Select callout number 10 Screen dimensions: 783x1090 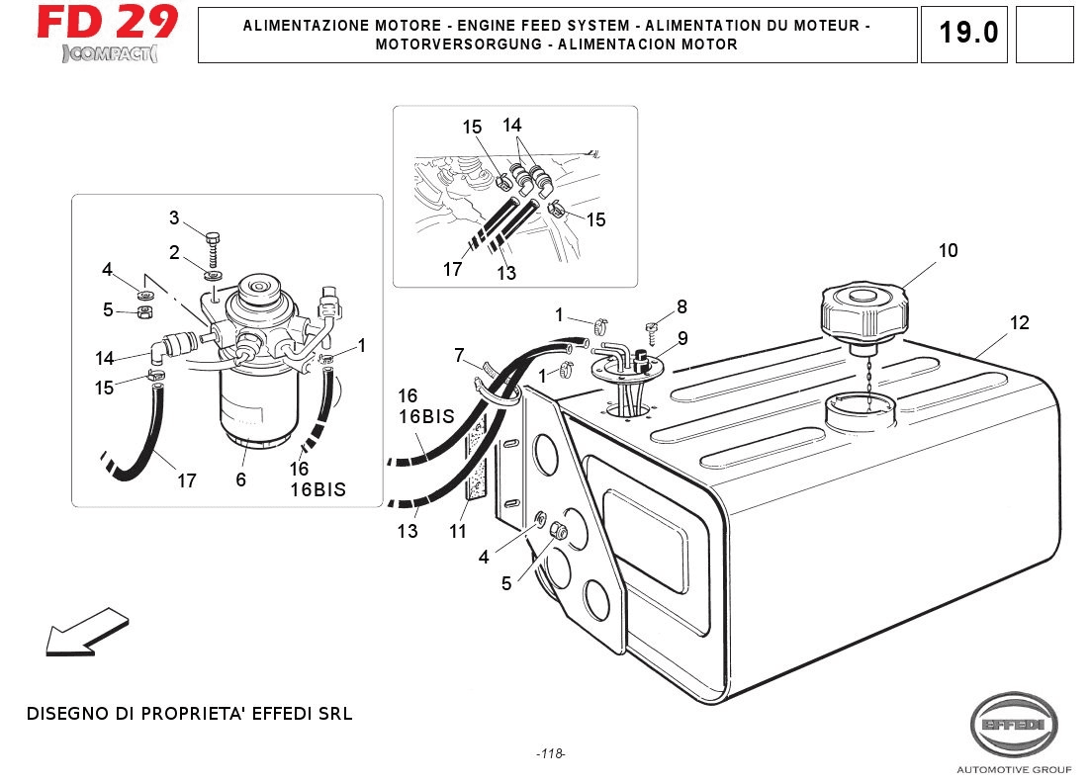point(948,251)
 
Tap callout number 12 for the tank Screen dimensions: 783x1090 point(1019,323)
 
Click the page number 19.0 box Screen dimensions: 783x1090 point(968,33)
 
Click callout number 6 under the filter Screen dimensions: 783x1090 point(240,479)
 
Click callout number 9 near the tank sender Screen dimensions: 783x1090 point(682,338)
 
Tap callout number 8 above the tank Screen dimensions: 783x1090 point(681,307)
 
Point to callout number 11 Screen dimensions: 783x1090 point(457,532)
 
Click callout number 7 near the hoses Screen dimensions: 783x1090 point(459,355)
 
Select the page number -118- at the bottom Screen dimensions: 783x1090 point(550,754)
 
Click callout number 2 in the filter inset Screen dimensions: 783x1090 point(174,253)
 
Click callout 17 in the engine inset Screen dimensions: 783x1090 point(452,269)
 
